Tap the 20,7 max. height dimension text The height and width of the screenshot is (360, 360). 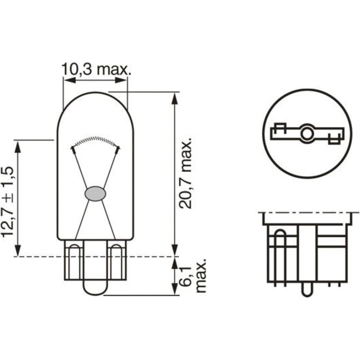tap(185, 174)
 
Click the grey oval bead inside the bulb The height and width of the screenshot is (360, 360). tap(95, 194)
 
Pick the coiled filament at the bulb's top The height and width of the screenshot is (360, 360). tap(95, 141)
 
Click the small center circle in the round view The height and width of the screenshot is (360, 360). tap(307, 134)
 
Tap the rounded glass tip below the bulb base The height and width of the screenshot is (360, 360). tap(95, 288)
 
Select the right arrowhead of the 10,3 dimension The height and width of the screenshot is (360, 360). tap(121, 80)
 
